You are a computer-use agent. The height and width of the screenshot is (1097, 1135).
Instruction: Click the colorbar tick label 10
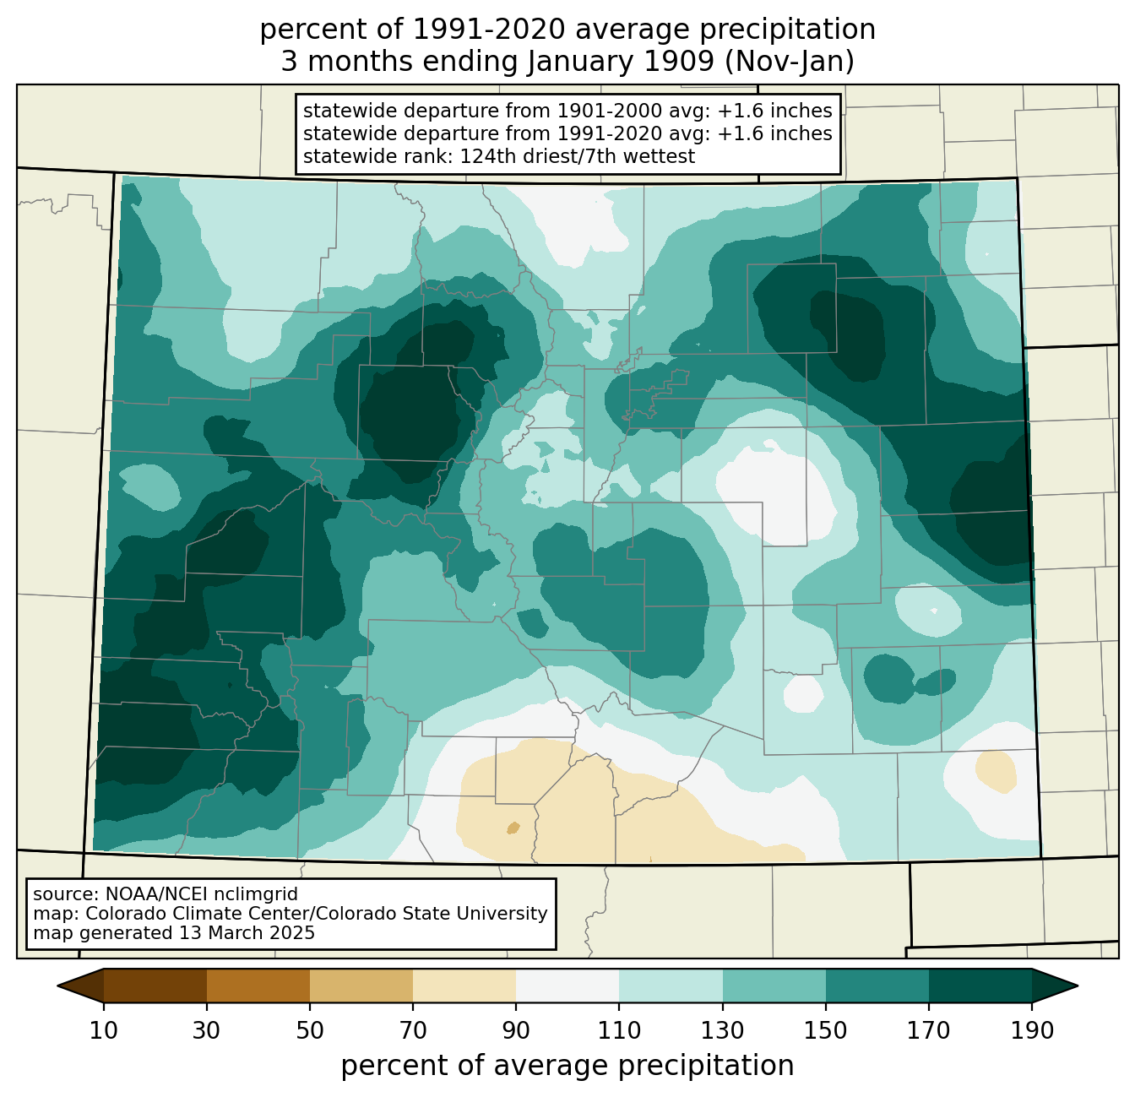point(103,1030)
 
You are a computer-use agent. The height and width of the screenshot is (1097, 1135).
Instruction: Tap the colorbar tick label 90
point(516,1030)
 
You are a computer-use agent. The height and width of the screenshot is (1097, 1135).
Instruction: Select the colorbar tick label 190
point(1032,1030)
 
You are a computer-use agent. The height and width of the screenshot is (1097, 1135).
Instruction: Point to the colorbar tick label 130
point(722,1030)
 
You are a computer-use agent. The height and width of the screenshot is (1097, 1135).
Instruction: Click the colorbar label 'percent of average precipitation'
point(567,1066)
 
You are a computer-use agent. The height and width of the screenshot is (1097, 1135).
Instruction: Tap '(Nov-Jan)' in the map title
point(789,62)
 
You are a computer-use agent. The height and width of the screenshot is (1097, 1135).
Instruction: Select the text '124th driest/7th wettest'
point(577,156)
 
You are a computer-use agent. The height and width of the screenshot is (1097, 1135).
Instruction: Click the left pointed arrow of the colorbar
point(80,986)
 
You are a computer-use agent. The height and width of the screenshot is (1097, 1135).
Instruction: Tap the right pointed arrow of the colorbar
point(1055,986)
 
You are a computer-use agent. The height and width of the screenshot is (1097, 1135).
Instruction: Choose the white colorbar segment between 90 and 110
point(567,986)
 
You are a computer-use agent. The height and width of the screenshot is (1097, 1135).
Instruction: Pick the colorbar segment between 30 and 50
point(258,986)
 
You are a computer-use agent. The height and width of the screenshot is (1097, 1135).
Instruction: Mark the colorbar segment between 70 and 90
point(464,986)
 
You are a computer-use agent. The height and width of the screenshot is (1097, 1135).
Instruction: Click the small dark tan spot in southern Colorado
point(513,828)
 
